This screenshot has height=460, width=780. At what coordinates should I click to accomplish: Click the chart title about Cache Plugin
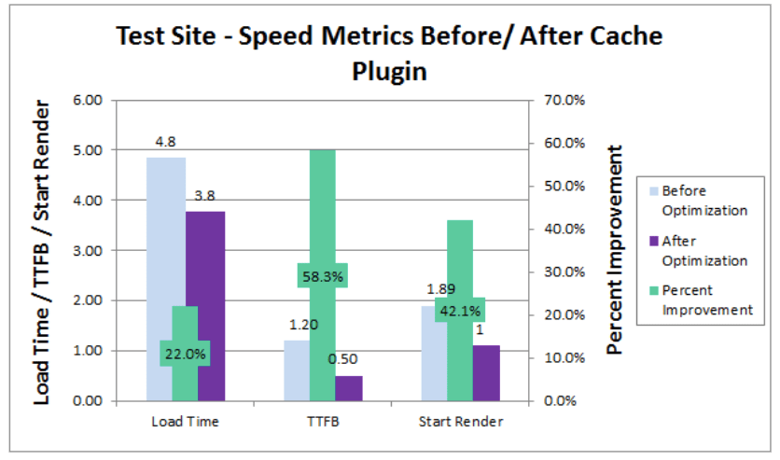[x=389, y=53]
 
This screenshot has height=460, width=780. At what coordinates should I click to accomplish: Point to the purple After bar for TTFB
[x=348, y=388]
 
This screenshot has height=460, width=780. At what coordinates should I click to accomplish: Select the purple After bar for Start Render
[x=486, y=373]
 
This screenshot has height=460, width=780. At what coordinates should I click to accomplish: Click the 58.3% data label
[x=322, y=276]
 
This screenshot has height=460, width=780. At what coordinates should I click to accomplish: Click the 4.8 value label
[x=166, y=143]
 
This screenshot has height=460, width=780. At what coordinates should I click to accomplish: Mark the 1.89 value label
[x=441, y=289]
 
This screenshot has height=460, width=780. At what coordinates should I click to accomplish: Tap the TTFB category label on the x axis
[x=322, y=422]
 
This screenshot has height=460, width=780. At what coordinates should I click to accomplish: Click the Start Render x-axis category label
[x=460, y=422]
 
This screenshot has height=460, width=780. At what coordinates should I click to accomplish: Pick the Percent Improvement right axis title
[x=616, y=250]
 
